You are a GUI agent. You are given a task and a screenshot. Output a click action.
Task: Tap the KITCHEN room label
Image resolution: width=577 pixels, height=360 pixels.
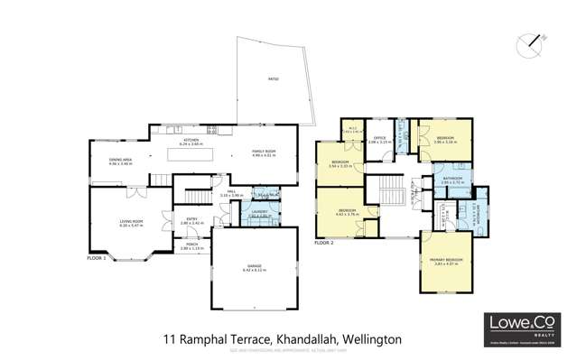point(191,141)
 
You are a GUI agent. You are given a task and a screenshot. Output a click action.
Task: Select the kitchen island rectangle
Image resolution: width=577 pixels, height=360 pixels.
point(191,156)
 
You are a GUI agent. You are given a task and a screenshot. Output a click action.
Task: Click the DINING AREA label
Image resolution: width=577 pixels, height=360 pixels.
point(120,161)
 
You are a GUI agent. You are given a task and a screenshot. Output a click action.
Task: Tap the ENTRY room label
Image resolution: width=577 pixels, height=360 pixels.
point(192,219)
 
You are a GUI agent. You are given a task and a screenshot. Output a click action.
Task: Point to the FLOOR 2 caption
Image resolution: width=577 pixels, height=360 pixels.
point(323,243)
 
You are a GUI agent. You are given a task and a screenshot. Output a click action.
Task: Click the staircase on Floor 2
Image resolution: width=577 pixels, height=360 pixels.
point(389,190)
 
